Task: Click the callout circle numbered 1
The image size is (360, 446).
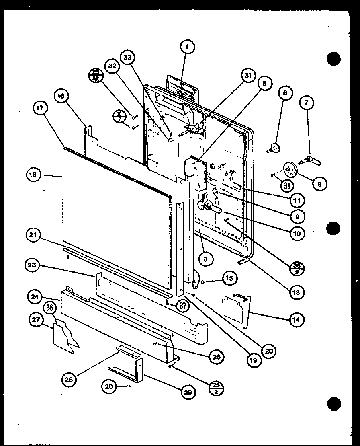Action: [187, 47]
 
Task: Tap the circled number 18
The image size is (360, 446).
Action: [33, 175]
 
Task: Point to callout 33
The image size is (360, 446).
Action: [127, 58]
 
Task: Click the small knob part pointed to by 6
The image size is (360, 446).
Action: [275, 148]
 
